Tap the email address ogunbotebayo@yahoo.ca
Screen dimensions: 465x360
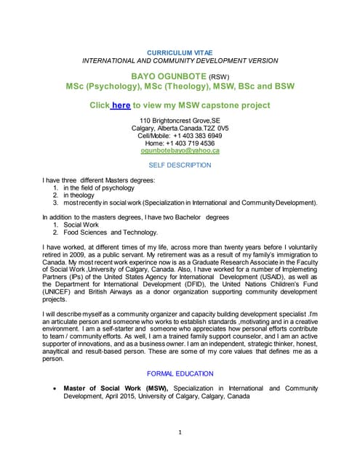point(180,150)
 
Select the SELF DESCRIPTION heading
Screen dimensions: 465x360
point(180,165)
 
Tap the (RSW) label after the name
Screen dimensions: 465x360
point(219,76)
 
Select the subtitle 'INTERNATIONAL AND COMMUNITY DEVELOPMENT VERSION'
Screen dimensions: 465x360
point(180,61)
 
